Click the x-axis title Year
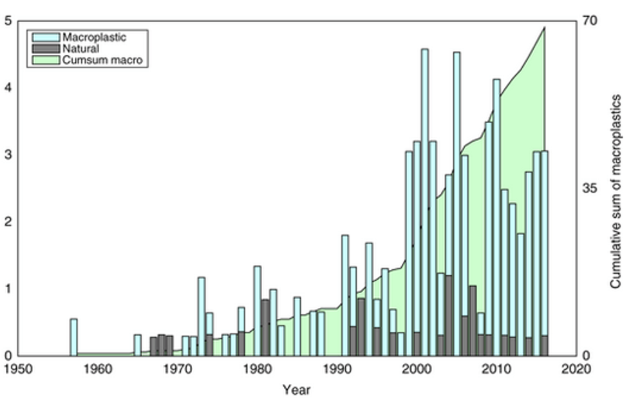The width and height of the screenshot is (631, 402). pos(297,390)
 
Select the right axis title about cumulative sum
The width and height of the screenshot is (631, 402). pos(616,191)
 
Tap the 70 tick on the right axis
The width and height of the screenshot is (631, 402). pos(590,21)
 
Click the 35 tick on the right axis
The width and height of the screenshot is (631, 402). pos(590,188)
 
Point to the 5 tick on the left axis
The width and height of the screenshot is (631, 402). pos(8,21)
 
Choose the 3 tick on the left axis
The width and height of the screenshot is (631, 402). pos(8,155)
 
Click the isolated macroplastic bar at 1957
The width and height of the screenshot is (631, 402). pos(73,337)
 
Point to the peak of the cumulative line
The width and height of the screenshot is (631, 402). pos(545,28)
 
